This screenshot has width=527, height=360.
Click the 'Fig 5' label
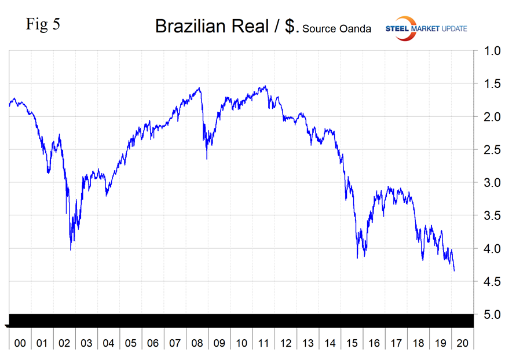[x=43, y=25]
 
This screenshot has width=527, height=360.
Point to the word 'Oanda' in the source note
[x=355, y=29]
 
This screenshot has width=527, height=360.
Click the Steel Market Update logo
[x=426, y=28]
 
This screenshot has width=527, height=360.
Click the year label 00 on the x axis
[x=20, y=343]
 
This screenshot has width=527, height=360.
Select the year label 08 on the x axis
[x=197, y=343]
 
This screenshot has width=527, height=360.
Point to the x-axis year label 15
[x=352, y=343]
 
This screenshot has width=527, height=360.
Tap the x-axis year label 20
[x=463, y=343]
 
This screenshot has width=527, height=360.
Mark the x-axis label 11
[x=263, y=343]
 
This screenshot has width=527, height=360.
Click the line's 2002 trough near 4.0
[x=71, y=249]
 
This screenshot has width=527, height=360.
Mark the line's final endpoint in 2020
[x=455, y=271]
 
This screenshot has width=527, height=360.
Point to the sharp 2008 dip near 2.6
[x=207, y=159]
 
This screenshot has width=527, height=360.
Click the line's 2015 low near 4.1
[x=357, y=258]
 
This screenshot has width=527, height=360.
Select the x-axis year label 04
[x=108, y=343]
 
